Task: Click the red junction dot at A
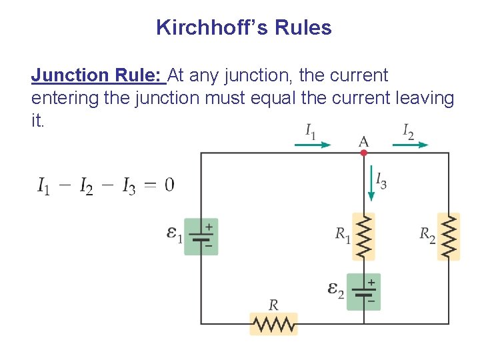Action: pyautogui.click(x=364, y=153)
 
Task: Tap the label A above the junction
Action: pyautogui.click(x=364, y=141)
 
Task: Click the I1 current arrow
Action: pyautogui.click(x=313, y=144)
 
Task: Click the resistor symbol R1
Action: pyautogui.click(x=364, y=236)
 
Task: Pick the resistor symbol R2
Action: pyautogui.click(x=449, y=236)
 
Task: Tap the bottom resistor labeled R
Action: pyautogui.click(x=273, y=325)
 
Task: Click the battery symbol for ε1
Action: pyautogui.click(x=201, y=237)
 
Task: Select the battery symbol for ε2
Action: pyautogui.click(x=364, y=291)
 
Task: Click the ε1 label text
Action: pyautogui.click(x=174, y=234)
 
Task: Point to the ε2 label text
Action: pyautogui.click(x=335, y=290)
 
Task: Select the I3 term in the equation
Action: pyautogui.click(x=129, y=186)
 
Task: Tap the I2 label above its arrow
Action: pyautogui.click(x=408, y=131)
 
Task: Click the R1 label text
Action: pyautogui.click(x=343, y=235)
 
